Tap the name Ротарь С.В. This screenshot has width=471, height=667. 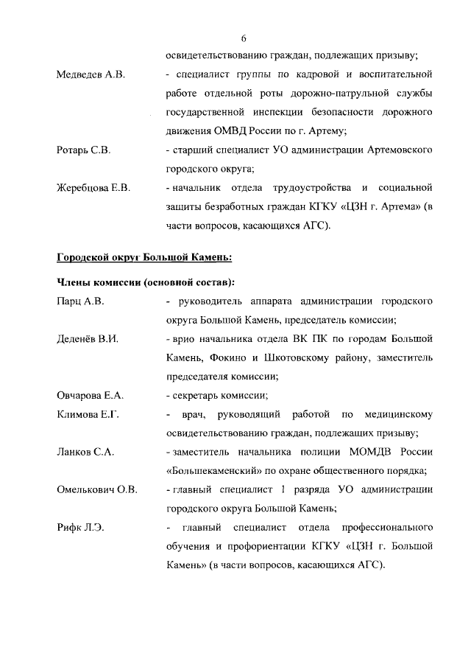[83, 150]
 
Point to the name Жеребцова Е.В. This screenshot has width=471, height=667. [93, 188]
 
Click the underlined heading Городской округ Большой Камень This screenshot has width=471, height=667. [145, 257]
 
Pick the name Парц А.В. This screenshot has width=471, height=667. [81, 301]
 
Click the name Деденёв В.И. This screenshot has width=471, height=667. [88, 339]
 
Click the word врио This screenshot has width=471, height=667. [185, 339]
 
